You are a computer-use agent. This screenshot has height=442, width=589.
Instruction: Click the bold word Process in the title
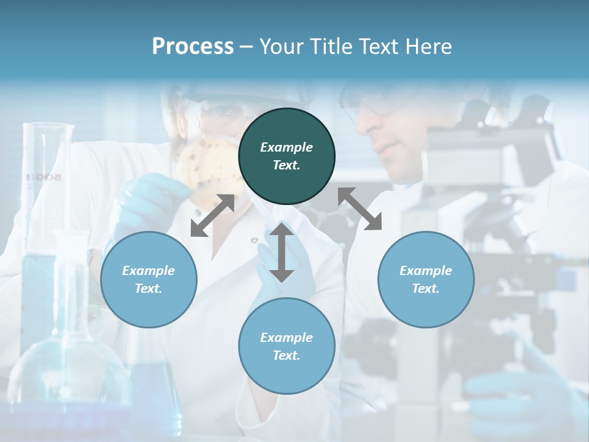pos(193,47)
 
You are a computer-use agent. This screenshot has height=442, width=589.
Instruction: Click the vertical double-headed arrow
pos(282,252)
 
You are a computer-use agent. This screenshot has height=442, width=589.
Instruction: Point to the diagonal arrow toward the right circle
pos(360,209)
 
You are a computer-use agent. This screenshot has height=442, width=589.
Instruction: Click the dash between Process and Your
pos(247,47)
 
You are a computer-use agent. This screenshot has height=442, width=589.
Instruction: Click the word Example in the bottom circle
pos(287,338)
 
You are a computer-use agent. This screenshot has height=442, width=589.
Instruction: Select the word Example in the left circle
pos(148,271)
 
